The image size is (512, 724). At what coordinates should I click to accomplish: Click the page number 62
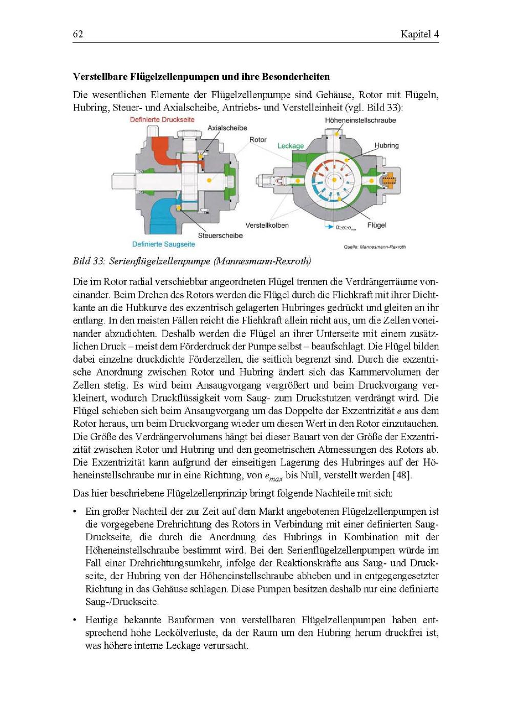(x=78, y=34)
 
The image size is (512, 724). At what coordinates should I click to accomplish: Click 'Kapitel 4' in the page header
(x=420, y=34)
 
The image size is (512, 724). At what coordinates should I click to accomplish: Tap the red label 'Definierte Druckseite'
(x=162, y=120)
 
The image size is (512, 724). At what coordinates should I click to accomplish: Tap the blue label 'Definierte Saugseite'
(x=163, y=245)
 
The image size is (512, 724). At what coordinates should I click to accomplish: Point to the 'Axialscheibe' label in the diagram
(x=227, y=128)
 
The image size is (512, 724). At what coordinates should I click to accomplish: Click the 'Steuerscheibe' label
(x=220, y=236)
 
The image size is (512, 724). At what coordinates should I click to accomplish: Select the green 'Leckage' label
(x=290, y=146)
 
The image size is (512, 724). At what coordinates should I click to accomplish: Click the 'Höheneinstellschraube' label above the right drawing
(x=360, y=120)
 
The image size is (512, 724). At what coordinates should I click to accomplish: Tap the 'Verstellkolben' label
(x=267, y=225)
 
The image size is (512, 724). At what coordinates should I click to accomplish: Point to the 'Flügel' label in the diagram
(x=377, y=225)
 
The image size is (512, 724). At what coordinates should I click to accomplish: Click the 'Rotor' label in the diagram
(x=258, y=139)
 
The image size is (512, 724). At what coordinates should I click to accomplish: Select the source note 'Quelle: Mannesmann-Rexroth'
(x=375, y=247)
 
